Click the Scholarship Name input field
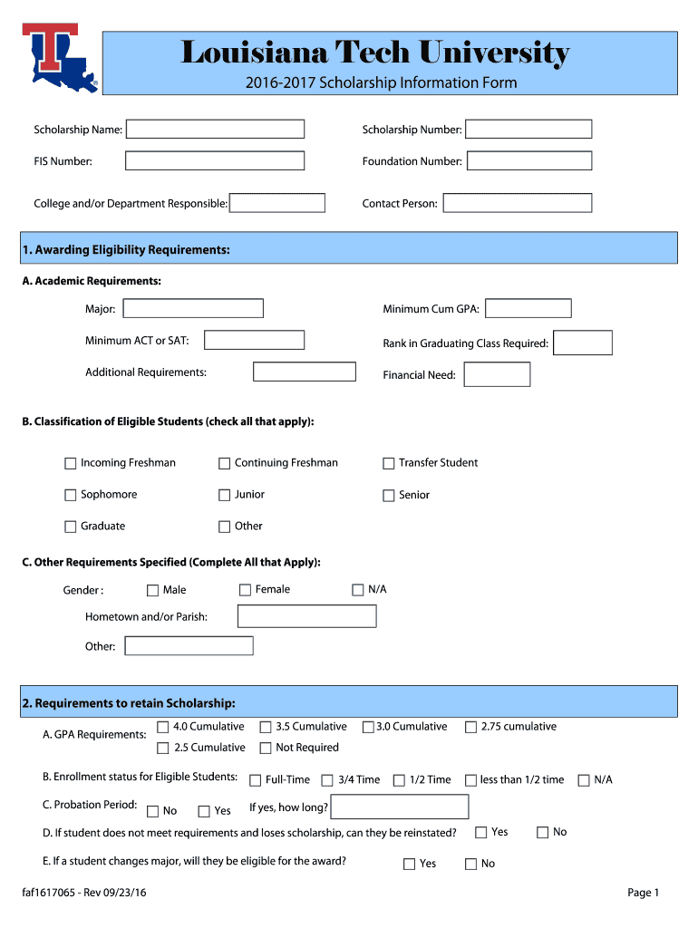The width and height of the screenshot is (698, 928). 215,130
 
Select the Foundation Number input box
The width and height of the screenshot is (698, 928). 528,161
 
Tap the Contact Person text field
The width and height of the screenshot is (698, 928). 517,203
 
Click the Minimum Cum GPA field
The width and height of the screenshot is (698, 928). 528,309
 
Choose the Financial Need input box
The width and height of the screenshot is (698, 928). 497,374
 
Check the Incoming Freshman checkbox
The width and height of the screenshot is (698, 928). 71,463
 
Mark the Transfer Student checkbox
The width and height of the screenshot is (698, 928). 389,463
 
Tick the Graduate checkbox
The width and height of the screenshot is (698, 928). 71,527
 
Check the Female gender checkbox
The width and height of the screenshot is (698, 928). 245,590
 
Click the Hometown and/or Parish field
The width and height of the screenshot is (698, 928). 306,616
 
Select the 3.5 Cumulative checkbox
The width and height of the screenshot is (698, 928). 266,727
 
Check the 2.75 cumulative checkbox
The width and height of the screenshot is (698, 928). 470,727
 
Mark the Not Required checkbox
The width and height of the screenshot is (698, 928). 266,748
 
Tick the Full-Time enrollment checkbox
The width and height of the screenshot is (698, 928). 256,780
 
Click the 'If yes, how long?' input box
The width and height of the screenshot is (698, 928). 400,807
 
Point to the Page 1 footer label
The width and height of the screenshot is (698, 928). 643,893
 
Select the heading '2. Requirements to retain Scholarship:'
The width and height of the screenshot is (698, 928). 130,703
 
